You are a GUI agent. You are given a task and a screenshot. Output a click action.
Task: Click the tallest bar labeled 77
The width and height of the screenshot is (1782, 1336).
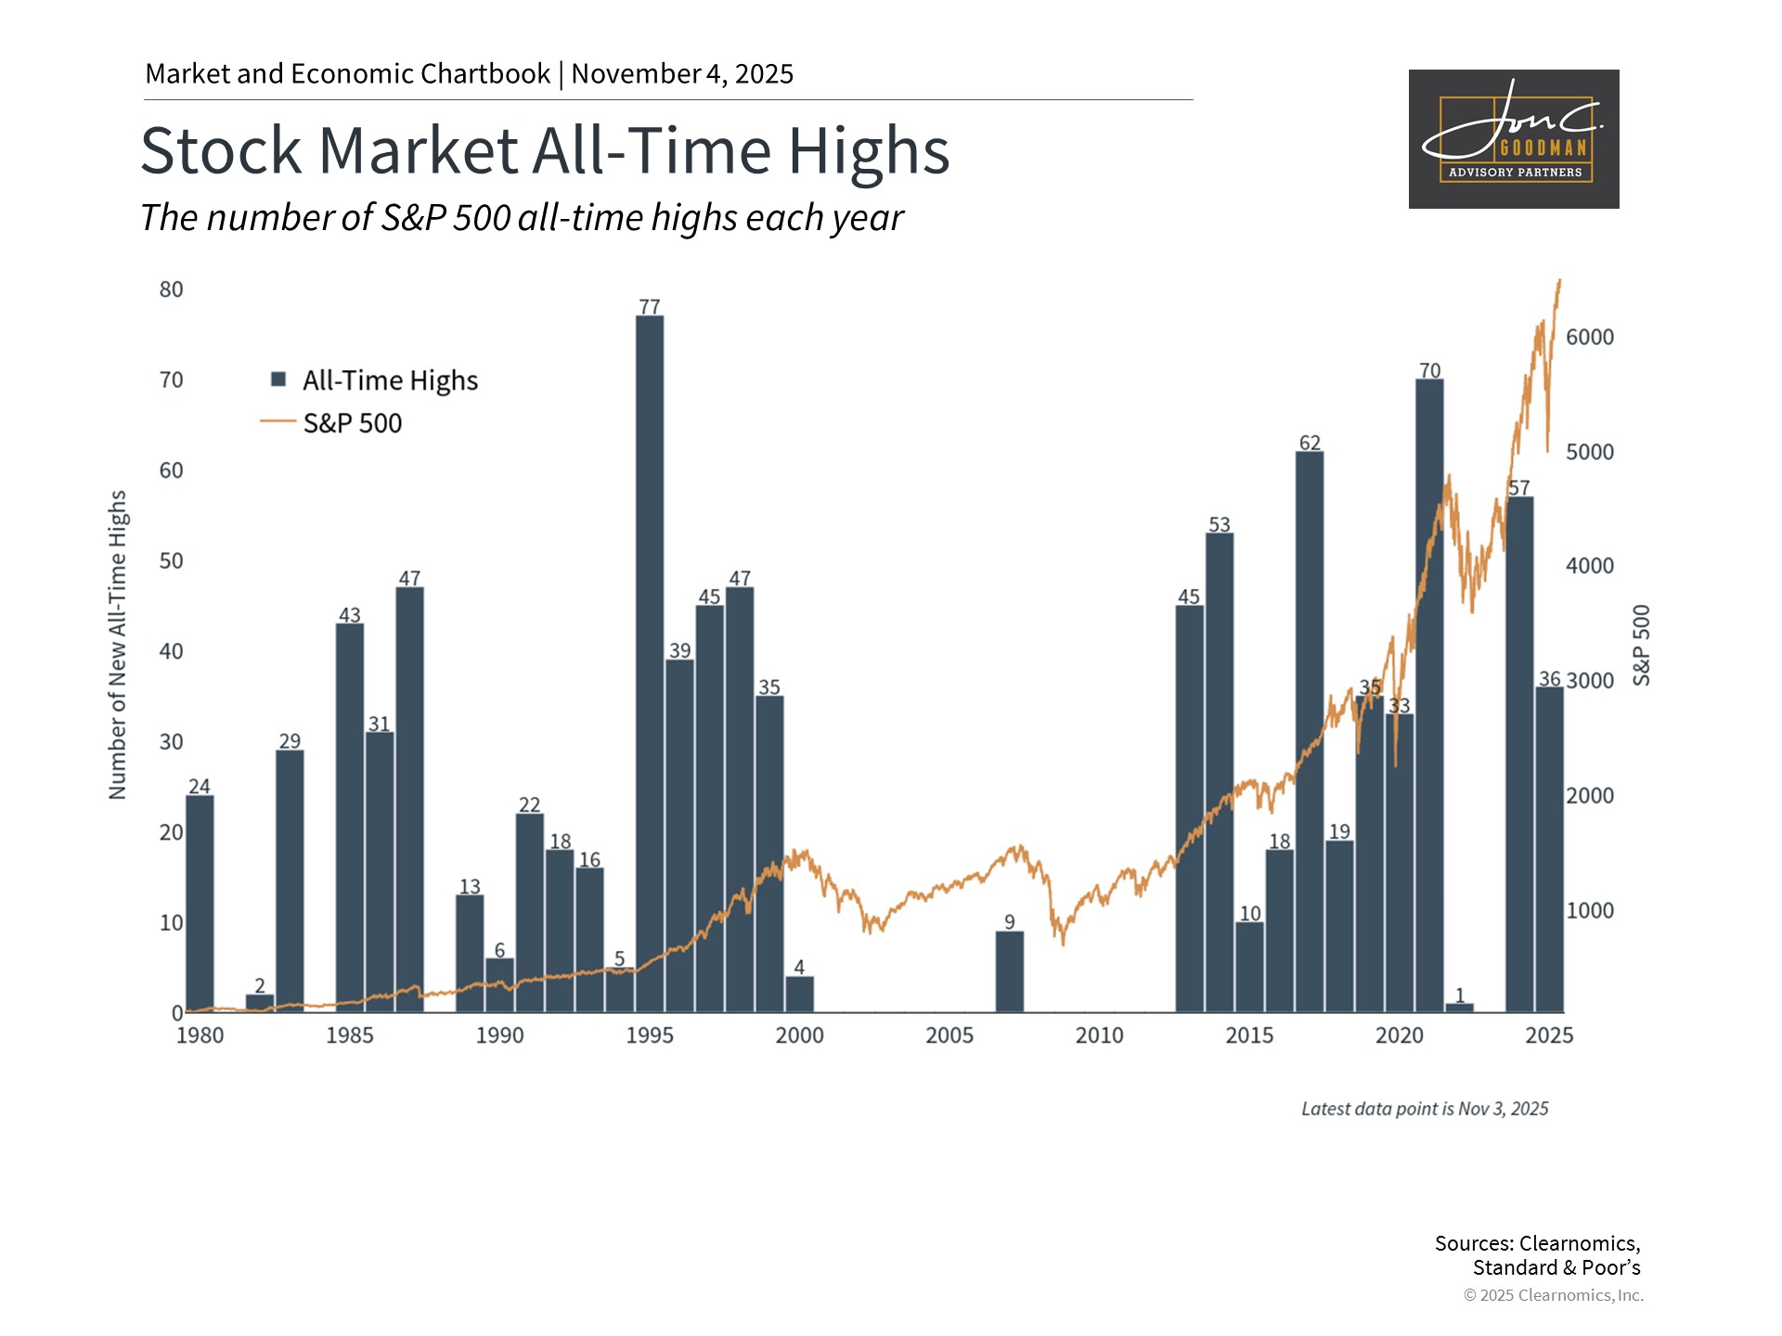coord(650,663)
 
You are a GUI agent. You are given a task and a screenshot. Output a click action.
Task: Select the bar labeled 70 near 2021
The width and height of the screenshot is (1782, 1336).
coord(1429,696)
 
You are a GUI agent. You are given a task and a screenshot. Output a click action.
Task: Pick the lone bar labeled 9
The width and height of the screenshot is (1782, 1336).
coord(1010,971)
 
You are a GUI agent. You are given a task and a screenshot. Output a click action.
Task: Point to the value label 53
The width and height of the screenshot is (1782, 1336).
coord(1220,525)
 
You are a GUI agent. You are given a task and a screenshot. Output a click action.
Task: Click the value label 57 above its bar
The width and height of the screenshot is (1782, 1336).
coord(1519,488)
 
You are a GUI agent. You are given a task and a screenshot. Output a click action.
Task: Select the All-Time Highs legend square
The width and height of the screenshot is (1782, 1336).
coord(278,379)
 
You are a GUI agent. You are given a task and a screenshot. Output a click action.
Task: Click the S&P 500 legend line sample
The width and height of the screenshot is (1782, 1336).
coord(278,422)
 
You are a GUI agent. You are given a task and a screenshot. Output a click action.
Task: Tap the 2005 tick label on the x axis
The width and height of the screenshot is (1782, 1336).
coord(949,1035)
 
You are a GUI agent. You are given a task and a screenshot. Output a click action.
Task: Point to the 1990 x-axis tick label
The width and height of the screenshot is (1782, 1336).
coord(499,1035)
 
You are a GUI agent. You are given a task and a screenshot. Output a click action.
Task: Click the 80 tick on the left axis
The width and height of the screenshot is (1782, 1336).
coord(172,289)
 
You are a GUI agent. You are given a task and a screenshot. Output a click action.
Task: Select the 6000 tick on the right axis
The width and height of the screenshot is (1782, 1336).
coord(1590,338)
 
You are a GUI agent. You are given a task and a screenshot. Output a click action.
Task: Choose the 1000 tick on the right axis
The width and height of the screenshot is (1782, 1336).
coord(1590,911)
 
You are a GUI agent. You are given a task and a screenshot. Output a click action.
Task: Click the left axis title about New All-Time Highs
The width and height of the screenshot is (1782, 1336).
coord(117,645)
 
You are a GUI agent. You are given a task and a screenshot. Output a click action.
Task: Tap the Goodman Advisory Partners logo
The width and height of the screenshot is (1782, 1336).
coord(1514,139)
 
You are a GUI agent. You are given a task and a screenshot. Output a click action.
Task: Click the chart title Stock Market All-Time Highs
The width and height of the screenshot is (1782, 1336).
coord(545,150)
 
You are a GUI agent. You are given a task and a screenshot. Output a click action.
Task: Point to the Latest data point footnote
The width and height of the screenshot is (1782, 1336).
coord(1425,1109)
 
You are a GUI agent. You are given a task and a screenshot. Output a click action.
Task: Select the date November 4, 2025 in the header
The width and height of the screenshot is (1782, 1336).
coord(682,74)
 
